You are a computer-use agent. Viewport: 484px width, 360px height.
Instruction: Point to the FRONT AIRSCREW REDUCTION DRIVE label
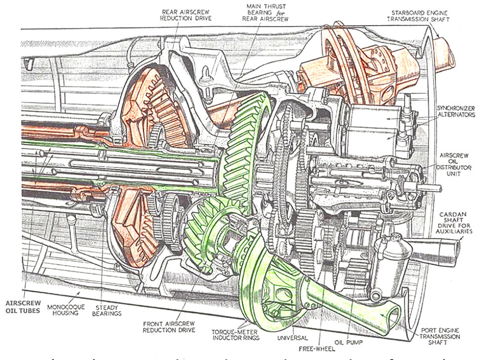click(167, 328)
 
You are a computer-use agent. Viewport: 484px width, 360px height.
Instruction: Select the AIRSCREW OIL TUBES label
click(20, 308)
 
